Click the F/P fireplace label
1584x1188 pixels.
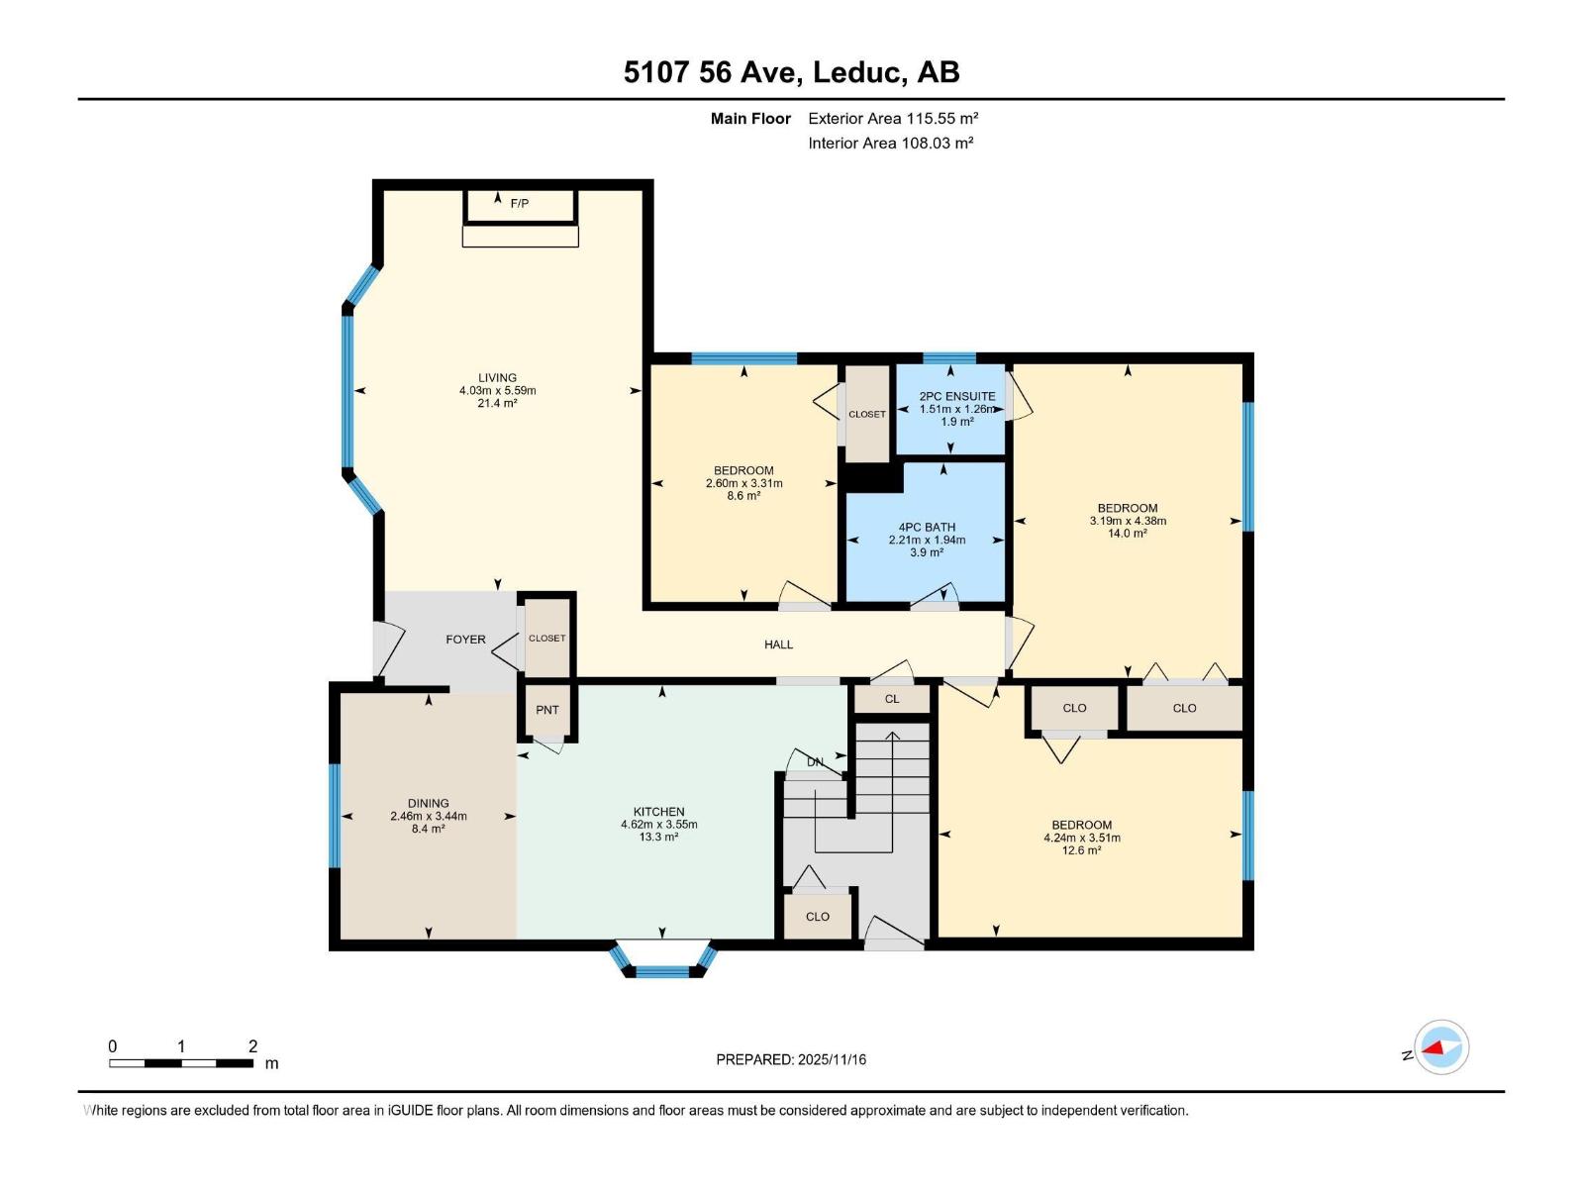pos(520,204)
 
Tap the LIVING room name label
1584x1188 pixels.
pos(497,377)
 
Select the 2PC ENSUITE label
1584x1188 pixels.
pos(956,396)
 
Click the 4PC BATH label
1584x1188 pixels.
pos(927,528)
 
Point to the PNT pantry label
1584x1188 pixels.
pos(547,710)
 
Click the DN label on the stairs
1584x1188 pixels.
pos(815,762)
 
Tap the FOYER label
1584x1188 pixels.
pos(465,640)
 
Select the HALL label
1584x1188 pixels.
pos(778,644)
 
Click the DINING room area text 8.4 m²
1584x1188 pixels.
pos(429,829)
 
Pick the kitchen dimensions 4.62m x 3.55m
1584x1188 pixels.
pos(658,824)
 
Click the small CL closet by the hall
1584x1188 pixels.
pos(892,699)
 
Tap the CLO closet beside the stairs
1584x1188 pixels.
pos(818,917)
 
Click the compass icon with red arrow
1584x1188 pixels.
pos(1441,1047)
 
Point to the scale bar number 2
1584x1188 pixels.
pos(252,1046)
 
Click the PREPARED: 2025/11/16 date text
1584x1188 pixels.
pos(791,1059)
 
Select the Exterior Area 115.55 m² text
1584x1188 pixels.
pos(893,118)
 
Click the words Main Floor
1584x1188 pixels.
pos(750,118)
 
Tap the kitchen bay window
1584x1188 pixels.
pos(662,962)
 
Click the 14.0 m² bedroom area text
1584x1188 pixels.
pos(1127,534)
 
